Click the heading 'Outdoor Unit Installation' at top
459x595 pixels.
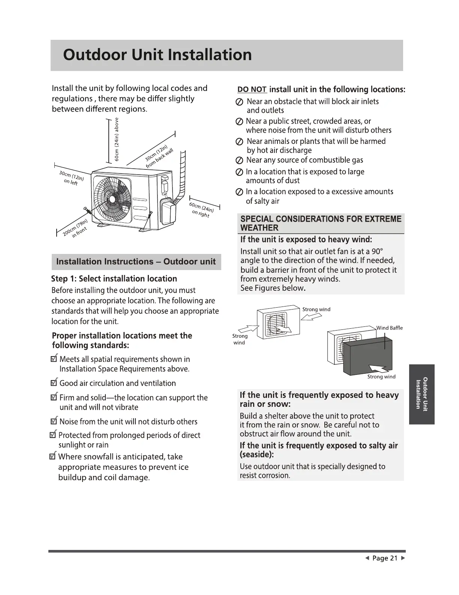157,55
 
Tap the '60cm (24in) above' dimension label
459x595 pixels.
117,139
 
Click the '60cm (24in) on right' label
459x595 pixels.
201,210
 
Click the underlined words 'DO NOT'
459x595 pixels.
252,90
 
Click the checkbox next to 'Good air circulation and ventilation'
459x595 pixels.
54,383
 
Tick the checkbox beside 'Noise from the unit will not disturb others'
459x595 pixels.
54,421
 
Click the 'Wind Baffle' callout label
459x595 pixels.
390,328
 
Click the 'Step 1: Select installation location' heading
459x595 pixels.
114,279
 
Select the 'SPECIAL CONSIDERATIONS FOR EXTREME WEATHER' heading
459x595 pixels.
321,224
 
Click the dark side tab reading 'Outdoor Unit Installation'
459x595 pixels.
422,394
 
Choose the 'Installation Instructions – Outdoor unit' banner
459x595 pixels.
136,262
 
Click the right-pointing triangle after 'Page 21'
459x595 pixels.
403,558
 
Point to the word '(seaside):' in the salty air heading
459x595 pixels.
257,455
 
